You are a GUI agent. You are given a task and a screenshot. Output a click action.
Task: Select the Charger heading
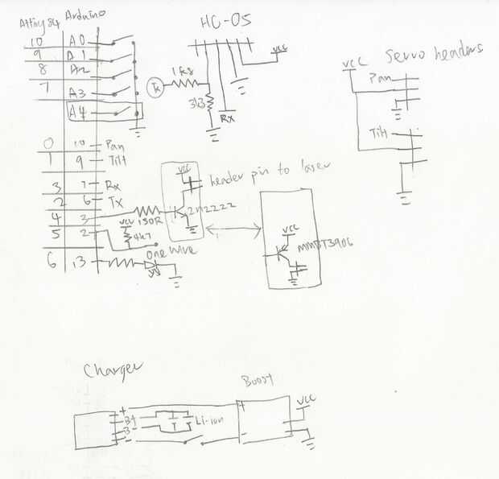pos(113,369)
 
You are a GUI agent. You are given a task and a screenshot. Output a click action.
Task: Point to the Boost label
pos(258,380)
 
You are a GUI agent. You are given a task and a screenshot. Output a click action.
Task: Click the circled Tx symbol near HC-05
pos(158,88)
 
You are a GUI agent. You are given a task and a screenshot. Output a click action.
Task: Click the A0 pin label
pos(78,40)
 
